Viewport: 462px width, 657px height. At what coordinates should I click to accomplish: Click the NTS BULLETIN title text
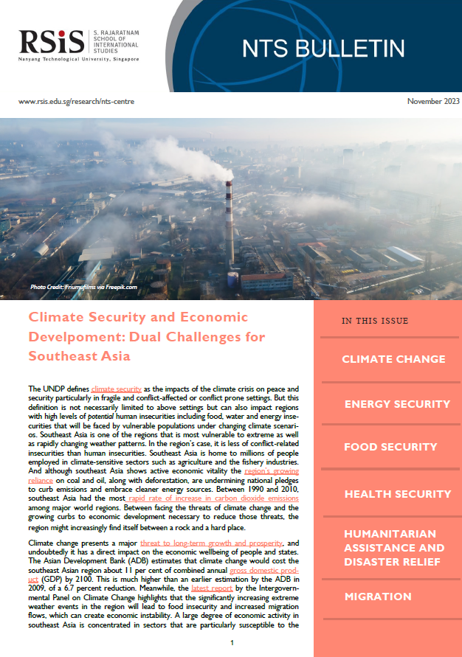pyautogui.click(x=324, y=48)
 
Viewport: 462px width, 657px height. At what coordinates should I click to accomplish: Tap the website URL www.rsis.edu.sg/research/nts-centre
pyautogui.click(x=76, y=101)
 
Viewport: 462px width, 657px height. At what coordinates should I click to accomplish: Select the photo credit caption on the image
pyautogui.click(x=83, y=287)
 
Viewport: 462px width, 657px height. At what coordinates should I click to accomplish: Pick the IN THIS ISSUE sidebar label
pyautogui.click(x=374, y=321)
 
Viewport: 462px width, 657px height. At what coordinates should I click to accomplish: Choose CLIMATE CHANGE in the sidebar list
pyautogui.click(x=393, y=359)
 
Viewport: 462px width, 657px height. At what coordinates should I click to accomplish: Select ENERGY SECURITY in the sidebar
pyautogui.click(x=397, y=404)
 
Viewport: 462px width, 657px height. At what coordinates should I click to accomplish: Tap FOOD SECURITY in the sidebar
pyautogui.click(x=391, y=448)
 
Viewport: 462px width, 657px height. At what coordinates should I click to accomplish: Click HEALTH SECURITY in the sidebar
pyautogui.click(x=397, y=494)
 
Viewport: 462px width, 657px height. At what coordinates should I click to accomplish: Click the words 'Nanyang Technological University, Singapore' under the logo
pyautogui.click(x=77, y=58)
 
